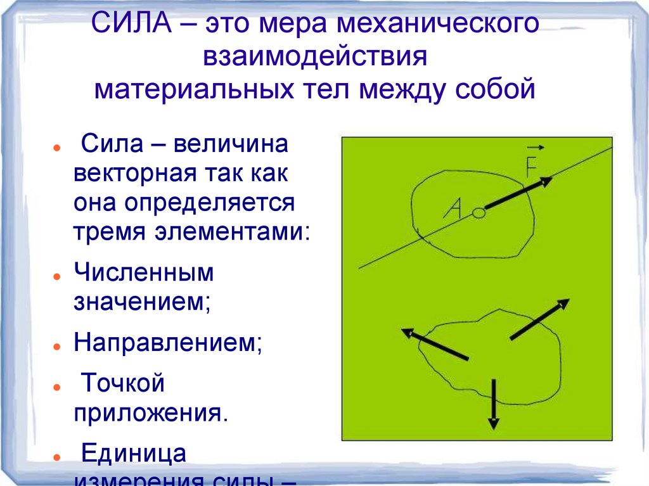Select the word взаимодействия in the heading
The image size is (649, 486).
pyautogui.click(x=315, y=57)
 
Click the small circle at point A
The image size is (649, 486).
pyautogui.click(x=480, y=214)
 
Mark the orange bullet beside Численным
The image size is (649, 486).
pyautogui.click(x=57, y=278)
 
